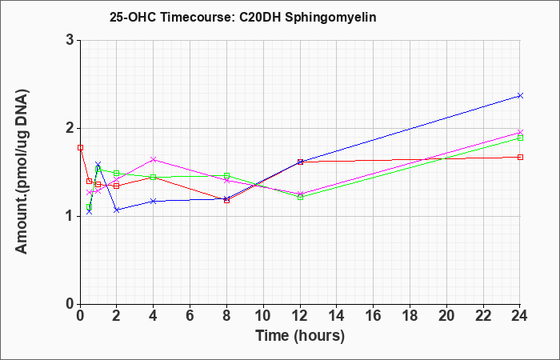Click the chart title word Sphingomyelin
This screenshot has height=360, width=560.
(330, 18)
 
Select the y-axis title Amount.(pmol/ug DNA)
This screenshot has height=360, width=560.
(22, 171)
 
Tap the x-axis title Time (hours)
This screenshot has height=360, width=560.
(300, 336)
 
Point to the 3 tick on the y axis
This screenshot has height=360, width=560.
(70, 40)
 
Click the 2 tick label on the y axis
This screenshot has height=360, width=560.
(70, 128)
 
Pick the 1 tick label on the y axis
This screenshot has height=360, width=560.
(70, 216)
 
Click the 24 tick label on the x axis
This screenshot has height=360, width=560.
(520, 316)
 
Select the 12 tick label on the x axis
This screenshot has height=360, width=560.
(300, 316)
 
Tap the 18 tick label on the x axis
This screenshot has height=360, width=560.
(410, 316)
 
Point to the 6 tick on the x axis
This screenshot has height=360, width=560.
(190, 316)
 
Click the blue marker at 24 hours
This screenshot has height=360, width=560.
(520, 96)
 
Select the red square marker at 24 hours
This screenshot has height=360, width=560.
(520, 157)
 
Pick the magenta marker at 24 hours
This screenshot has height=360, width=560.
(520, 133)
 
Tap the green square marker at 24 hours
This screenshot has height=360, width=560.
(520, 138)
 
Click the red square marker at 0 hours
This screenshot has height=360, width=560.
(80, 147)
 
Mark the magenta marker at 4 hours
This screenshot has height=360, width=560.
(154, 160)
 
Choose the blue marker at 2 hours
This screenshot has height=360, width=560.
(117, 210)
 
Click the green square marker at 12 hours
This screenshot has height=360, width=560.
(300, 197)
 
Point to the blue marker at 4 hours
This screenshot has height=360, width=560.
(154, 202)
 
